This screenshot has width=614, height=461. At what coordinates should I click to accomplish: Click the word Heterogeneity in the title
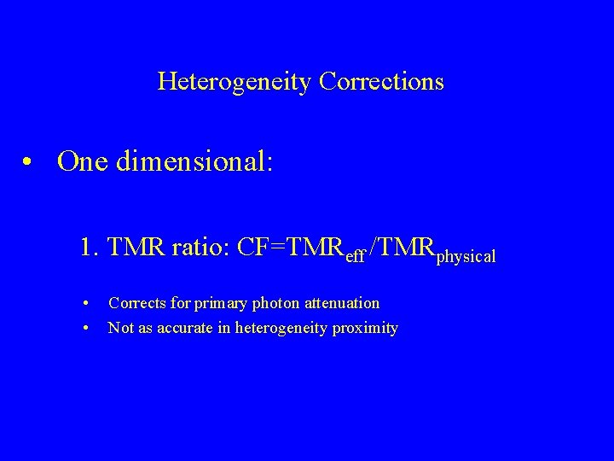pyautogui.click(x=235, y=82)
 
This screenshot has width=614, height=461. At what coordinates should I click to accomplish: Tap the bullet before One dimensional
pyautogui.click(x=29, y=161)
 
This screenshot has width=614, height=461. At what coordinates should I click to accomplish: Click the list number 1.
pyautogui.click(x=87, y=248)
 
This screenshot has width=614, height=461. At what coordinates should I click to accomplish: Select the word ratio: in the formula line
pyautogui.click(x=200, y=248)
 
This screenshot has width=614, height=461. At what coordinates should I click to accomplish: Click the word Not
pyautogui.click(x=120, y=328)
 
